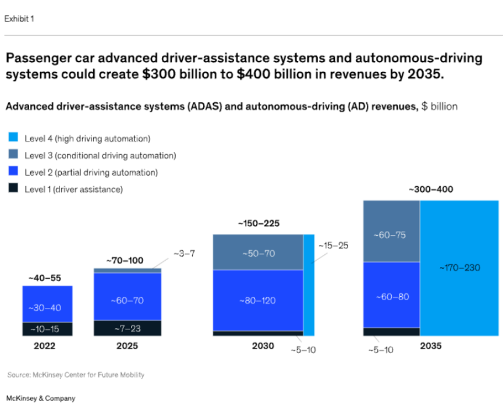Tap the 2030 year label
click(263, 346)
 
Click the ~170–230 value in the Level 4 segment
click(459, 267)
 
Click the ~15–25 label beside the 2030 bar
click(333, 245)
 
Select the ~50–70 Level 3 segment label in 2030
click(257, 253)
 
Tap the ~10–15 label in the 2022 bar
click(47, 329)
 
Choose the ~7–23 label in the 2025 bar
click(127, 328)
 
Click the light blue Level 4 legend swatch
click(13, 138)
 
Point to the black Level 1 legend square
click(13, 189)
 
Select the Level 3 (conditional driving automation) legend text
click(100, 155)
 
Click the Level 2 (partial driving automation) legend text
click(91, 172)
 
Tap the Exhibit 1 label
click(19, 19)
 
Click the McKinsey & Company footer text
click(40, 399)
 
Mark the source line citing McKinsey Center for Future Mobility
click(76, 375)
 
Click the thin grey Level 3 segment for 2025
click(127, 271)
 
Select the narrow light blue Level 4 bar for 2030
click(309, 285)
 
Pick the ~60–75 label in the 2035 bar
click(391, 235)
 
